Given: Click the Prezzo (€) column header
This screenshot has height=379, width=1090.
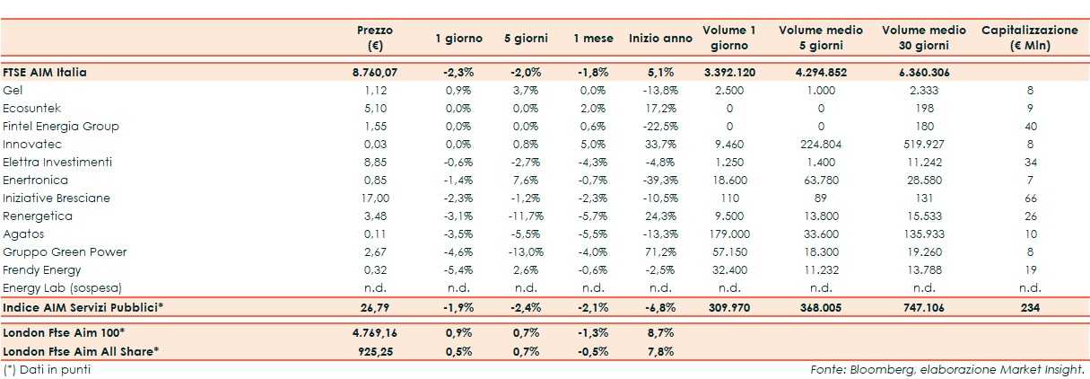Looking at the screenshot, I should point(374,38).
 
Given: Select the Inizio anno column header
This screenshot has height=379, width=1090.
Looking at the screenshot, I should point(660,39).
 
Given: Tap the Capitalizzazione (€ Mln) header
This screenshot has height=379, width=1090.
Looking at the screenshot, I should point(1029,38).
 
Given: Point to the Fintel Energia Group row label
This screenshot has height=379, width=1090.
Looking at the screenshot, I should point(61,127).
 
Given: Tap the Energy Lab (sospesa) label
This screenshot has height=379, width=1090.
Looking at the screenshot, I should point(61,287).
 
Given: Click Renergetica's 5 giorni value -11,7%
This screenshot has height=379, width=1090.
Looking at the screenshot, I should point(525,216).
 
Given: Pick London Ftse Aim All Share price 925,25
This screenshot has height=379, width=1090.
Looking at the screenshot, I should point(374,350).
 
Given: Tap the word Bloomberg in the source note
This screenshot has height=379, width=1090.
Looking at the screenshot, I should point(868,369).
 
